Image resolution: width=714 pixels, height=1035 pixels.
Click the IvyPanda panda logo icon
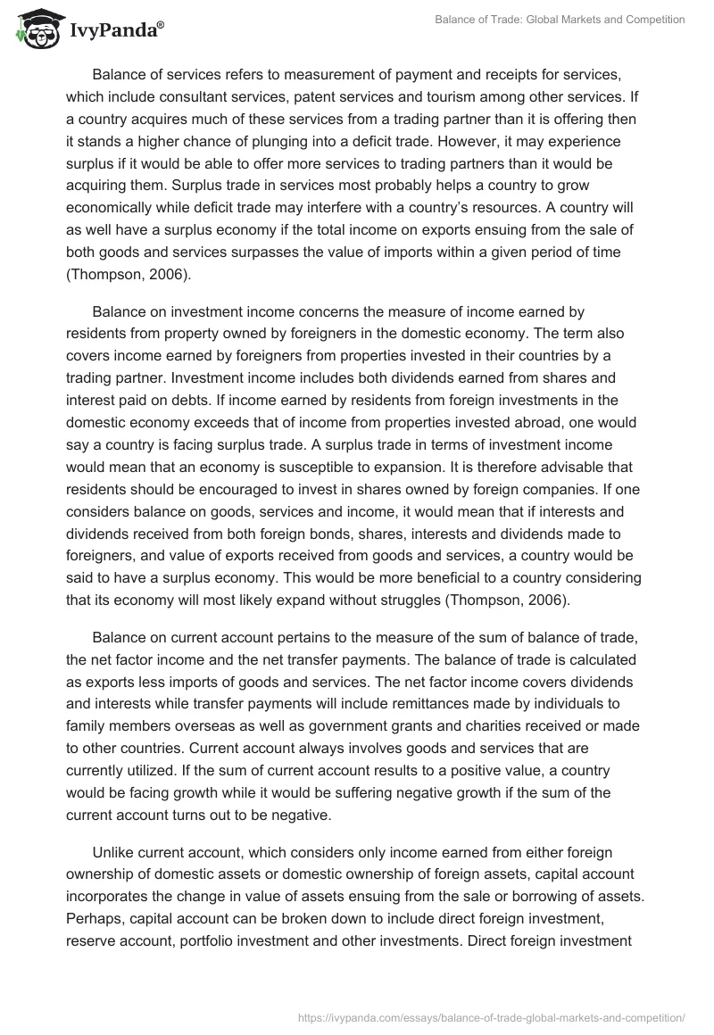click(35, 29)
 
